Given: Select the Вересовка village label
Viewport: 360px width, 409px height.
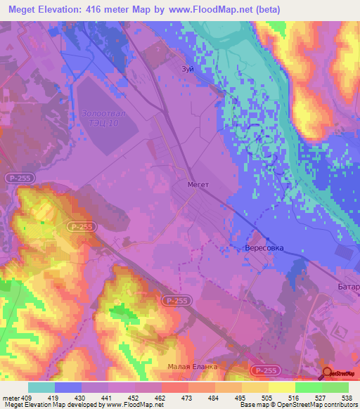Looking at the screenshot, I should (264, 249).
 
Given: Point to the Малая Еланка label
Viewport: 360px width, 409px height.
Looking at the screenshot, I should (193, 367).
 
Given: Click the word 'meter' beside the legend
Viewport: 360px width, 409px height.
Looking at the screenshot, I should (11, 396).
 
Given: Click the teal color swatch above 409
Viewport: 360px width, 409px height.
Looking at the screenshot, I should (41, 387).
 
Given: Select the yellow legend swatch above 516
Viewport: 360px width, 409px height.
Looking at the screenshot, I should (281, 387).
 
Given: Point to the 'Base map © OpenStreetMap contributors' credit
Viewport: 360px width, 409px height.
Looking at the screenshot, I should (298, 405).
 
